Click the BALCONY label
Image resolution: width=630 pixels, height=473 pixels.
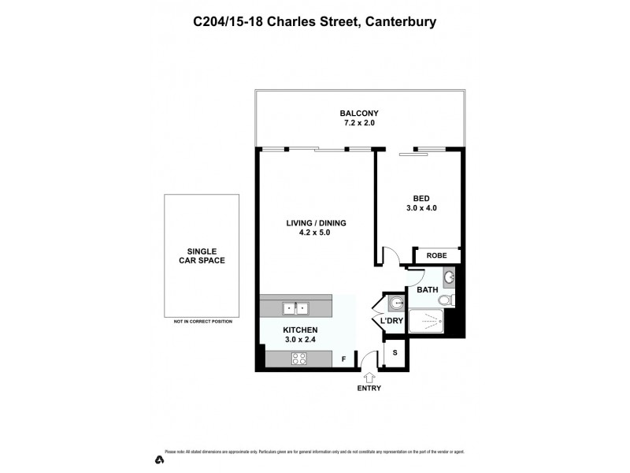click(x=361, y=113)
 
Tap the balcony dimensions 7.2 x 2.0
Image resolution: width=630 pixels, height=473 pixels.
click(x=361, y=124)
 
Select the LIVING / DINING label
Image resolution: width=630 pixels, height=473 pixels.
click(x=316, y=223)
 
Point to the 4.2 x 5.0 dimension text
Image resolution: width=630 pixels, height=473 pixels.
click(x=316, y=234)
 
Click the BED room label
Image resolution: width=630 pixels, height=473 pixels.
click(x=421, y=198)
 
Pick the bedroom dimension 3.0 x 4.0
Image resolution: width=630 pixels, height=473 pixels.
click(x=421, y=209)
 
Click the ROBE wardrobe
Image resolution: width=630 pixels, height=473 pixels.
click(x=436, y=255)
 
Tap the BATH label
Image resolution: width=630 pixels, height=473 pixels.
click(x=427, y=290)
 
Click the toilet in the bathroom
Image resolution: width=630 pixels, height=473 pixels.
click(x=446, y=300)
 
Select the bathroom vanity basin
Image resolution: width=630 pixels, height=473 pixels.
click(x=448, y=277)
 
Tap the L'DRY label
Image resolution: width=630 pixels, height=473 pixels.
click(x=391, y=322)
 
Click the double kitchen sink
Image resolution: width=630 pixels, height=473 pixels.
click(x=296, y=307)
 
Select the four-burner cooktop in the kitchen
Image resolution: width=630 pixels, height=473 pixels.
click(x=299, y=359)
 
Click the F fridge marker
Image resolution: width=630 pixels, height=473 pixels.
click(x=343, y=359)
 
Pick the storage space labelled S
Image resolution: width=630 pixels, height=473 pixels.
click(x=394, y=353)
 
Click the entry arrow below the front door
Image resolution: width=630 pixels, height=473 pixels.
click(x=368, y=378)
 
